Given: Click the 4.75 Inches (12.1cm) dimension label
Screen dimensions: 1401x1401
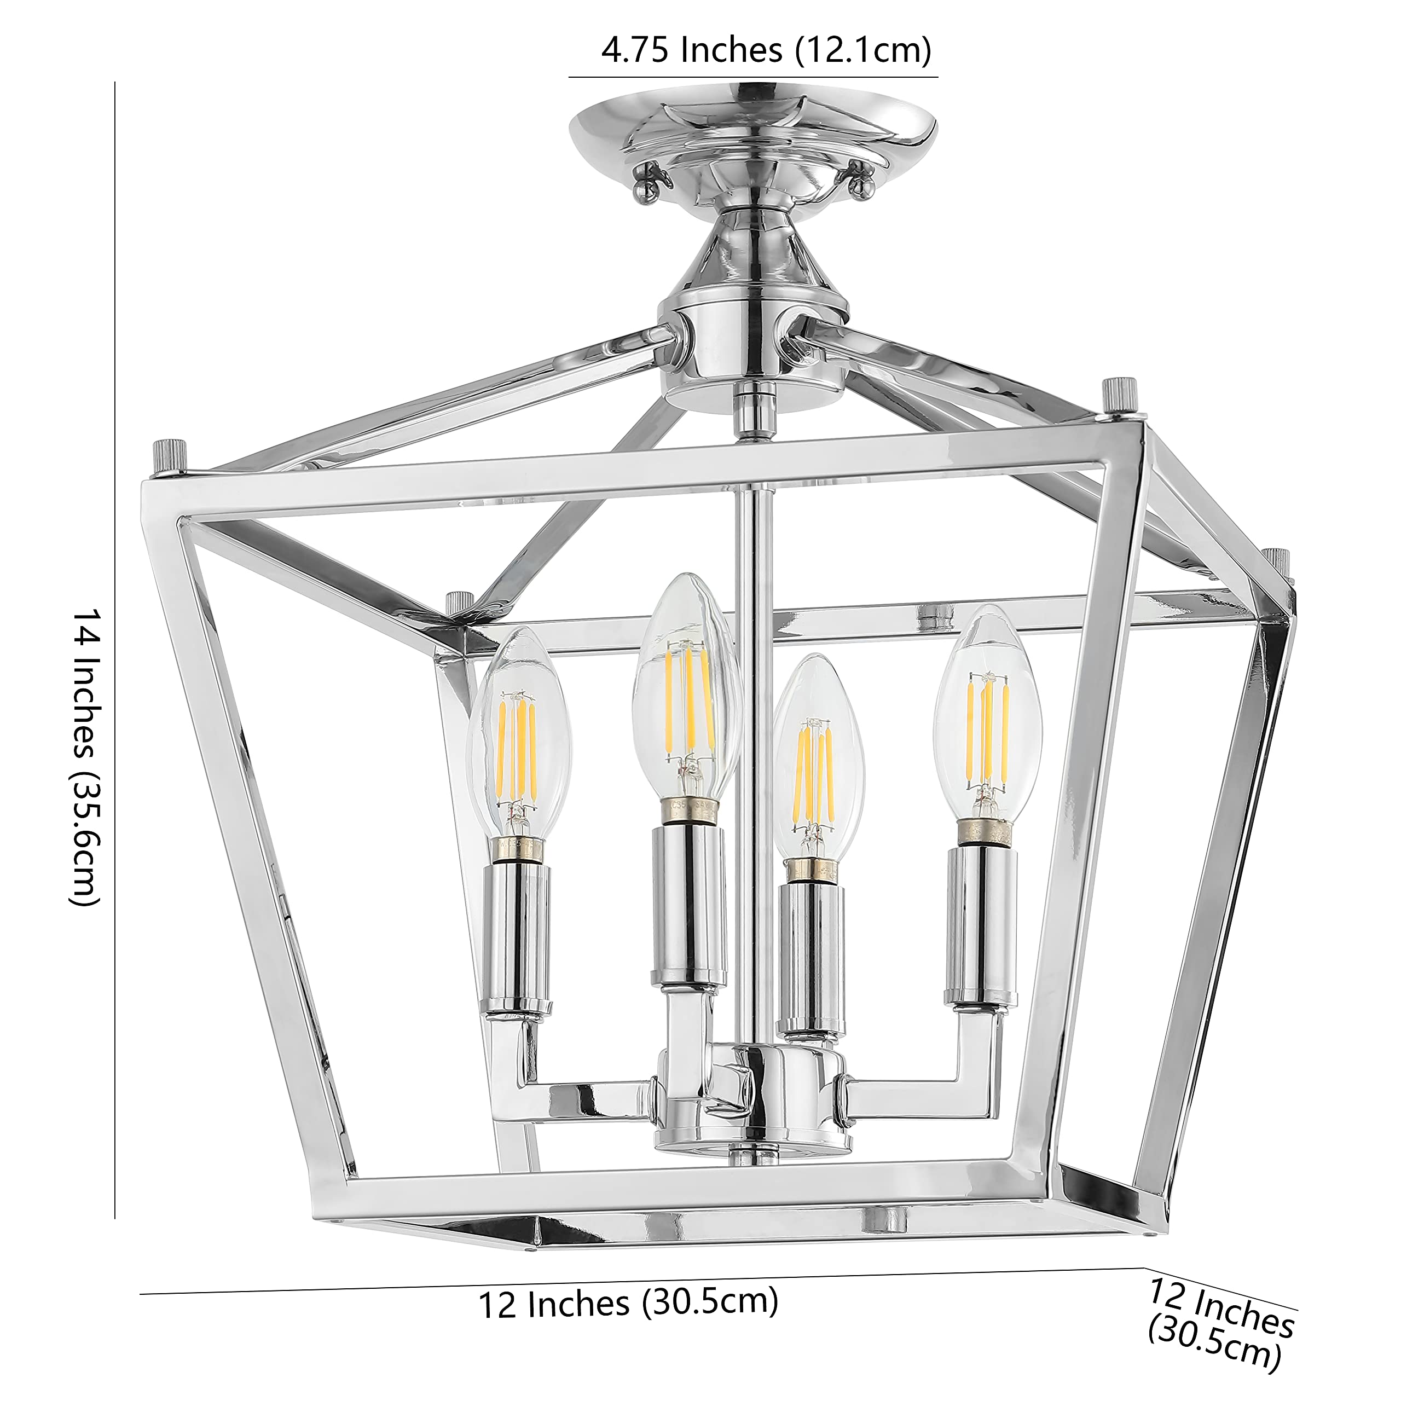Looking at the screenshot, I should coord(766,51).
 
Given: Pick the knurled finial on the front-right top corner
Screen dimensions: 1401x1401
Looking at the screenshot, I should coord(1115,397).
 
